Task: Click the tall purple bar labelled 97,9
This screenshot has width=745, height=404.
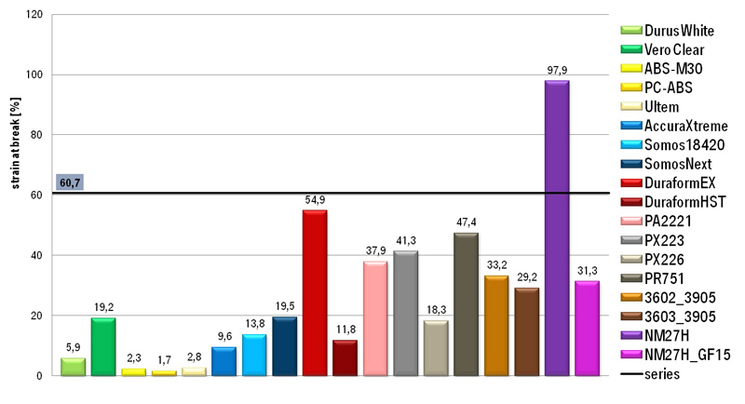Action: tap(557, 228)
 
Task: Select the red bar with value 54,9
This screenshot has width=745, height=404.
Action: tap(315, 293)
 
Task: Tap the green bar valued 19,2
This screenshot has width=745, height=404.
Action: tap(103, 346)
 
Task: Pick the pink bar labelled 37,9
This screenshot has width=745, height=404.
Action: tap(375, 318)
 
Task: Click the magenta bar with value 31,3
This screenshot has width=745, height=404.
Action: tap(588, 329)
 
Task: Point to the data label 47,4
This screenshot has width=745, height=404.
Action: tap(467, 222)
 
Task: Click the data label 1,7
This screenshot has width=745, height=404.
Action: tap(165, 360)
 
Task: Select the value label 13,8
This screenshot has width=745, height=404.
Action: tap(254, 324)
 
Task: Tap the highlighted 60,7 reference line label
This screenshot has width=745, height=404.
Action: tap(70, 182)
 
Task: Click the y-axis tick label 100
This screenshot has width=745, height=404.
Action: tap(34, 74)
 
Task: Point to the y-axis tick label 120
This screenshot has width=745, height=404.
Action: tap(34, 15)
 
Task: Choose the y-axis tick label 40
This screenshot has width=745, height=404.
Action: tap(37, 255)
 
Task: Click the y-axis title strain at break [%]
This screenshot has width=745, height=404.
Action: tap(16, 143)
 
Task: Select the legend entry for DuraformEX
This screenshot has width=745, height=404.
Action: tap(668, 182)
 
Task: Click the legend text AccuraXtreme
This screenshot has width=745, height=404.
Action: tap(685, 126)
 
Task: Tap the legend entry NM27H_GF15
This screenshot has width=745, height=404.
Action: tap(675, 355)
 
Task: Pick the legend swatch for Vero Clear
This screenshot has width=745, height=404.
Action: tap(631, 49)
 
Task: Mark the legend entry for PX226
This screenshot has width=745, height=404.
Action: tap(653, 259)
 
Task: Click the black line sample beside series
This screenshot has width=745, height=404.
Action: tap(631, 374)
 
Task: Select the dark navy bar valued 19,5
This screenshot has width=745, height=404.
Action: tap(285, 346)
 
